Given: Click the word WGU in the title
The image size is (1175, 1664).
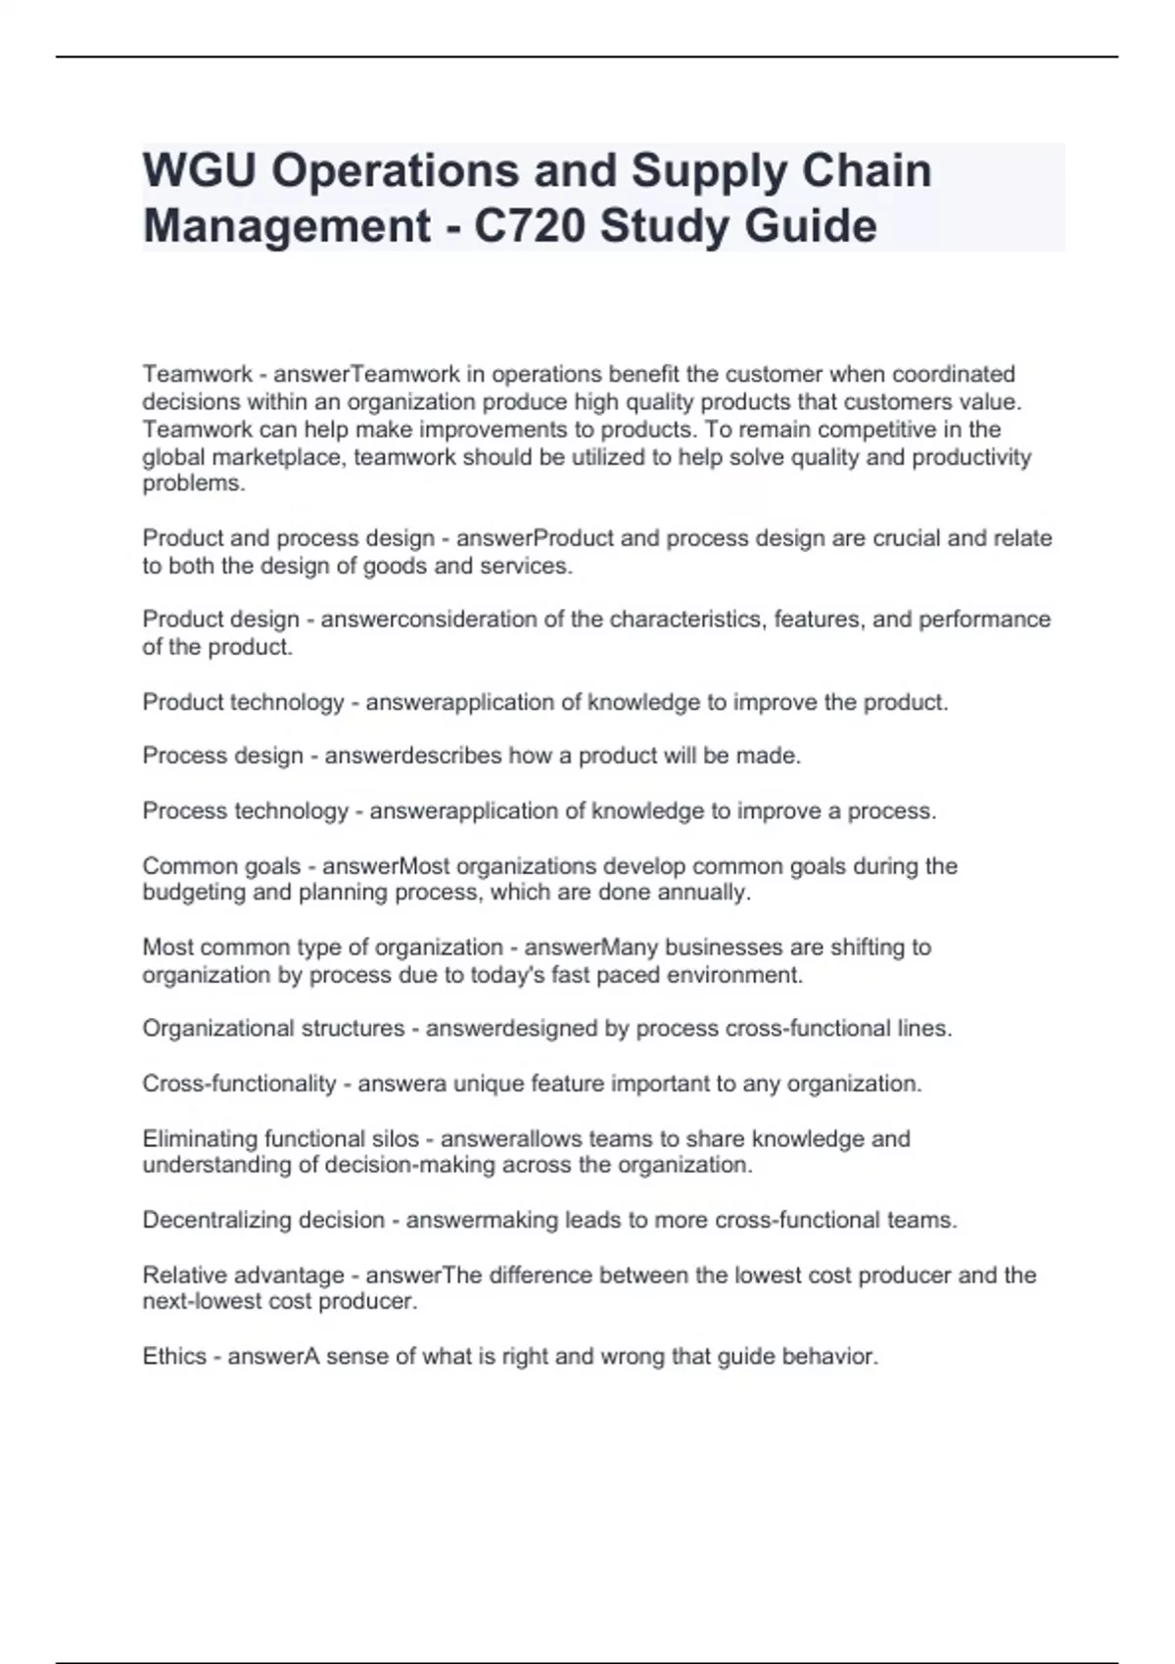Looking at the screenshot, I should (x=200, y=171).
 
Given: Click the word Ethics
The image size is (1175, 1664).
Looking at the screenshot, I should (x=174, y=1357).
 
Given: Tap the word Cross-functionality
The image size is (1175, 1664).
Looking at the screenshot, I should (x=239, y=1085).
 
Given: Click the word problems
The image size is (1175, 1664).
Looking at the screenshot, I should (x=194, y=484).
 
